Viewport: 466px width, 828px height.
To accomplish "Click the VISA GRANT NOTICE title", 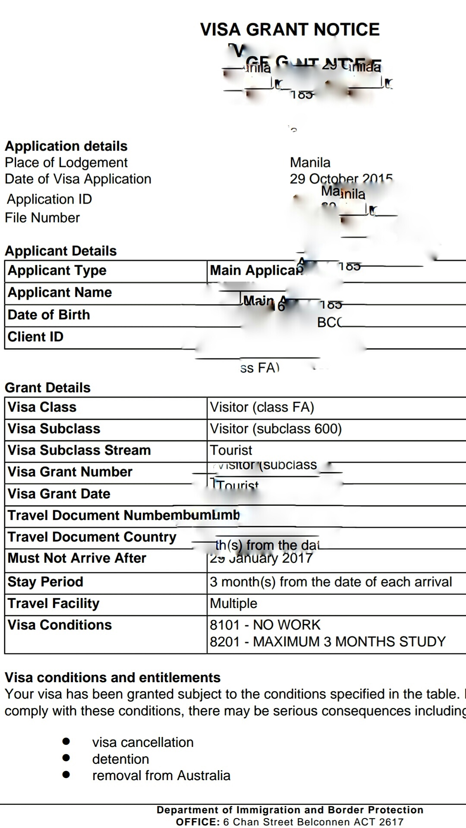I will (290, 29).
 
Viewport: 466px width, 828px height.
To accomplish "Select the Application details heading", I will (66, 146).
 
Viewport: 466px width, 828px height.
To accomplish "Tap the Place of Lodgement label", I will (66, 163).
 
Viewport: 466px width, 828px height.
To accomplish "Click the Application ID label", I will (49, 199).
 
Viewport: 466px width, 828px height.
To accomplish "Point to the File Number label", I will (42, 218).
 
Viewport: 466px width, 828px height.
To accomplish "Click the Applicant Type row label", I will (57, 270).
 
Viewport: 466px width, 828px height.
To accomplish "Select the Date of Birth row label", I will (49, 315).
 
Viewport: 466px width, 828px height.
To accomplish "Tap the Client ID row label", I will (35, 337).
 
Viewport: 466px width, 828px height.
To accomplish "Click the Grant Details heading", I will (47, 388).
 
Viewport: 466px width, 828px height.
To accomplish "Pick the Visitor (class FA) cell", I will (262, 407).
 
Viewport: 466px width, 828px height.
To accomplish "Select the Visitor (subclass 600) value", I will (276, 429).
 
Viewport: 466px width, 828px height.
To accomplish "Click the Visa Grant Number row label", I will (70, 472).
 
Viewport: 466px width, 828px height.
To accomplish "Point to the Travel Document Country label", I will (92, 537).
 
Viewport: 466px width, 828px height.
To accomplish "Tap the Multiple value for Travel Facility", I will (233, 603).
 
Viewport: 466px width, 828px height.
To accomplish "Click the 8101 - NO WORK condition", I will (265, 625).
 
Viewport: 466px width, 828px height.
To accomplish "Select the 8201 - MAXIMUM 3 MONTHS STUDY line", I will (327, 642).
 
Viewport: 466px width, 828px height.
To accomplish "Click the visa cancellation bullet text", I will (143, 742).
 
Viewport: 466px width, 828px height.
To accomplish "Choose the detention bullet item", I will (120, 759).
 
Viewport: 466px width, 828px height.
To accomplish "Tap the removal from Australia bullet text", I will (161, 775).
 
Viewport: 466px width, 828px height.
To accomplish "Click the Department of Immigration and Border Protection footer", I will (290, 810).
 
